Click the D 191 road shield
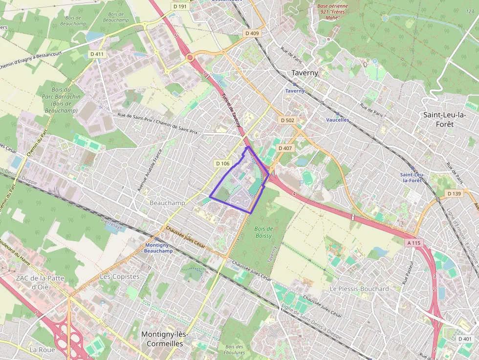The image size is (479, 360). point(180,6)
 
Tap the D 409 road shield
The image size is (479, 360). point(252,33)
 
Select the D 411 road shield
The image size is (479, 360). point(97,54)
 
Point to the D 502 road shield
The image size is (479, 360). point(287,120)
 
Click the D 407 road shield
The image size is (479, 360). point(284,148)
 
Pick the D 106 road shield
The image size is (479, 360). point(222,164)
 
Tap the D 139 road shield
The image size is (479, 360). point(454,194)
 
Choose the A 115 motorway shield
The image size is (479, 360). point(413,243)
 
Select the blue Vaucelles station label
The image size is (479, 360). point(337,120)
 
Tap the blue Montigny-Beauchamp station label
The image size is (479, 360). point(158,248)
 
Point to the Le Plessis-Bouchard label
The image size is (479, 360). point(359,289)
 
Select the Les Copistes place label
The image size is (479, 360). point(120,276)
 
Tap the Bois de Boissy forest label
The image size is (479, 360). point(263,232)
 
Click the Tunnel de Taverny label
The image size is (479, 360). point(232,110)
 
